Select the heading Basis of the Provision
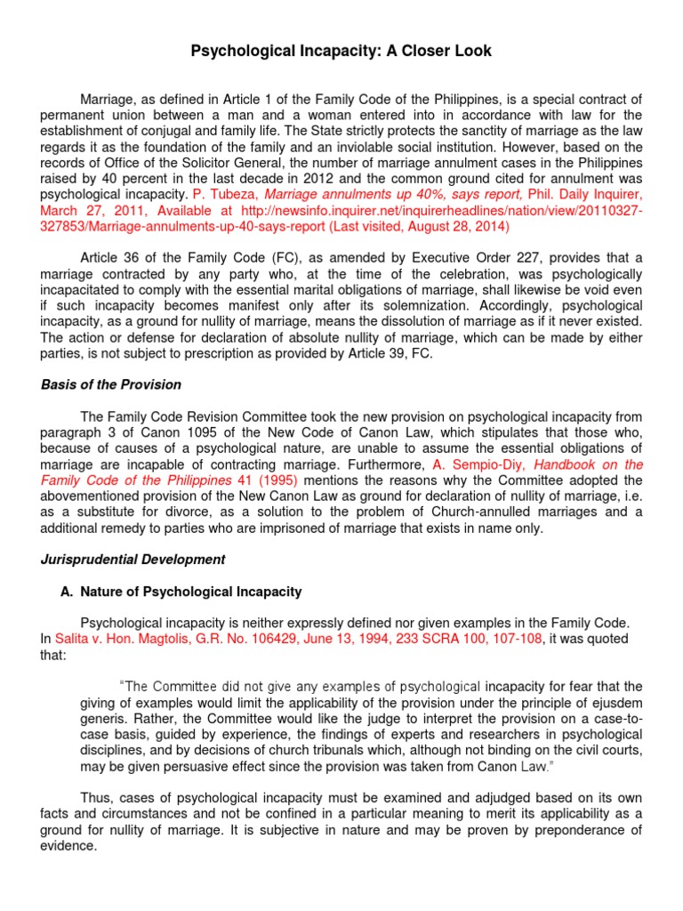pos(112,384)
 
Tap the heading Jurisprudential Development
pos(133,560)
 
